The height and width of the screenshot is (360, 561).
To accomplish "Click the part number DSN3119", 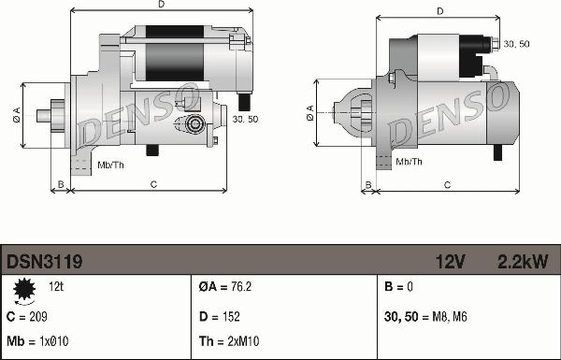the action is click(44, 262).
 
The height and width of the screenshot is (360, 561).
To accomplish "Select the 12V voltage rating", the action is click(450, 262).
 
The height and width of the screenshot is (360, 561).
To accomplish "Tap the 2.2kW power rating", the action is click(523, 262).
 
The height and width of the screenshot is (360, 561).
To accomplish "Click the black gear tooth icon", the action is click(24, 289).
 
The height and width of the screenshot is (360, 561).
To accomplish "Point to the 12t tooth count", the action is click(56, 287).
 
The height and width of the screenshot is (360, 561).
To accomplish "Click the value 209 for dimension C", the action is click(38, 317).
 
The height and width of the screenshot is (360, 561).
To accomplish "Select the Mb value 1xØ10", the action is click(53, 341).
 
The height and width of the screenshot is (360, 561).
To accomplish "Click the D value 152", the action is click(231, 317).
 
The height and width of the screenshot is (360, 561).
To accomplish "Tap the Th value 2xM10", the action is click(243, 341).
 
